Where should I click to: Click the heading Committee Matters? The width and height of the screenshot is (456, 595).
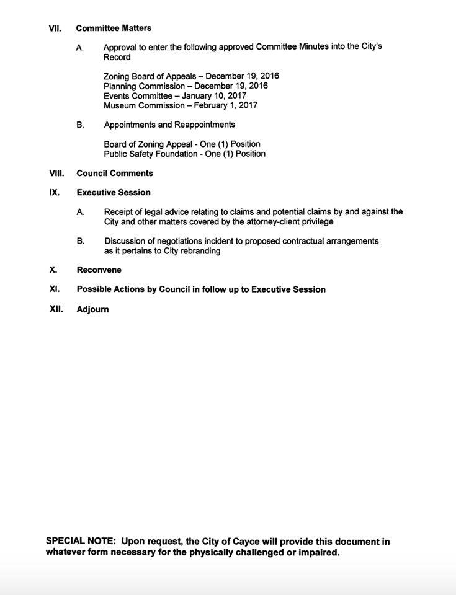coord(114,28)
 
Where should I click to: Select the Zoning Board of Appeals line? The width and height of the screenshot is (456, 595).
coord(191,76)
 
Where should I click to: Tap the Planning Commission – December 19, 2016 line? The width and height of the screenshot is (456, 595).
coord(186,86)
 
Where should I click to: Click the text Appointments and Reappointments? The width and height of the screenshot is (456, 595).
coord(169,125)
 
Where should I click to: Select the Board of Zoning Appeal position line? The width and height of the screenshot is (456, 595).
coord(182,144)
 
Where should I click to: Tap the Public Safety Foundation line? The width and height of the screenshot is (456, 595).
coord(184,154)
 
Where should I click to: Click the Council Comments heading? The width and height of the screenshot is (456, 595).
coord(115,173)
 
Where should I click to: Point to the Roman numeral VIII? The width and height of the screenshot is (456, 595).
coord(56,173)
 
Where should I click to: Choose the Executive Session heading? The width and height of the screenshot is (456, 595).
coord(114,192)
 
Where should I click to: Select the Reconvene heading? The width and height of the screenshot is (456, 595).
coord(99,270)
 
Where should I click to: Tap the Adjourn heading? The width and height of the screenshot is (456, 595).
coord(92,309)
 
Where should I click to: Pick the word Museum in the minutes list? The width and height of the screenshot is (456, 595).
coord(120,105)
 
